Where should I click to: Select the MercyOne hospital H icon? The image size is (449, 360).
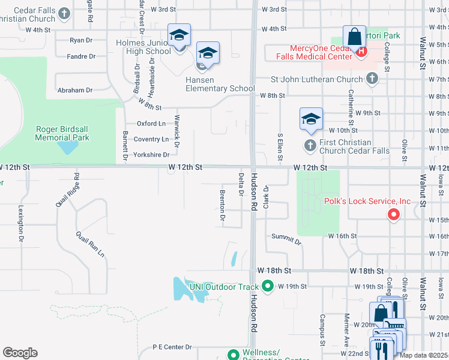361,52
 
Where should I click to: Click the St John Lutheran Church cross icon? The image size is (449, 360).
372,79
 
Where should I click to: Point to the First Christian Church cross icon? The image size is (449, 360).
310,145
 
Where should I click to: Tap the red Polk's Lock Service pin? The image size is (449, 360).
394,214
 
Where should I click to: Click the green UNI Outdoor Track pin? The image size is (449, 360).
268,286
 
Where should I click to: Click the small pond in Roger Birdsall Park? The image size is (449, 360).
68,146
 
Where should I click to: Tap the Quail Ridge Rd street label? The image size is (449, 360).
68,190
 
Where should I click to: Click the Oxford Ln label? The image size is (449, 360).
151,124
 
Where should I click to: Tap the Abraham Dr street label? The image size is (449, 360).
75,90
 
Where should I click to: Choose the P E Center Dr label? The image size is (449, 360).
172,347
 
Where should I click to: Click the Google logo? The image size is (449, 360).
20,353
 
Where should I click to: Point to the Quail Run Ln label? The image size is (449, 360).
90,244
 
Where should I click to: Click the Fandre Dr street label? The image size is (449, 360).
82,56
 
